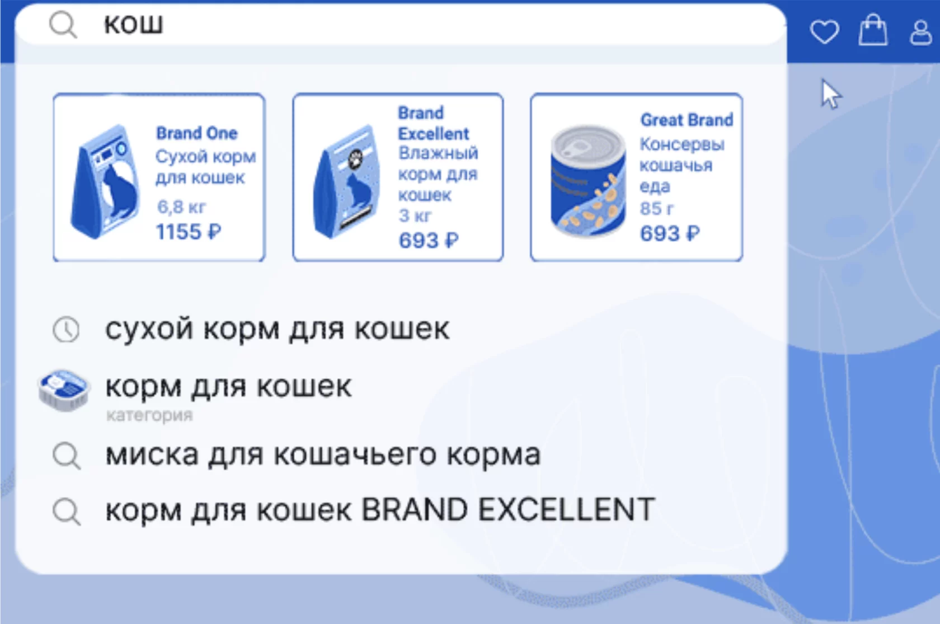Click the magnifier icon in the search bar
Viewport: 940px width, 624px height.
pos(63,25)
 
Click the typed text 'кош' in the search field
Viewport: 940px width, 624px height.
pos(133,24)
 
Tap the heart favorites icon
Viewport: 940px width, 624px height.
pos(825,31)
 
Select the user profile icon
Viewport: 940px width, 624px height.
pos(921,32)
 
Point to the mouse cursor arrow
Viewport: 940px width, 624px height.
pos(831,95)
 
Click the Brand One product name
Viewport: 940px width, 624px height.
pos(197,133)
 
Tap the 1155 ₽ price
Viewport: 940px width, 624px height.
pos(189,232)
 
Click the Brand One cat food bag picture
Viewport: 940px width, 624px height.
pos(106,182)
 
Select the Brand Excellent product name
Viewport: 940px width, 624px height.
pos(434,123)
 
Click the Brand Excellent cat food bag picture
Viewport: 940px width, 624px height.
pos(347,182)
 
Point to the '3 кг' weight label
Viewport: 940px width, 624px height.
pos(415,215)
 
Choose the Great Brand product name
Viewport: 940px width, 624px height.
pos(687,120)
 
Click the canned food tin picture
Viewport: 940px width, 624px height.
pos(589,181)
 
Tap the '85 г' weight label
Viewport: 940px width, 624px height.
pos(657,208)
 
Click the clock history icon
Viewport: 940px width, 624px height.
pos(66,330)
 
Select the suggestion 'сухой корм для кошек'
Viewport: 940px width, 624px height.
pos(278,329)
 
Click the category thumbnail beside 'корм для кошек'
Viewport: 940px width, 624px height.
pos(63,390)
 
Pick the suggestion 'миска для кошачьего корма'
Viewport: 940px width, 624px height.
pos(323,455)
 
